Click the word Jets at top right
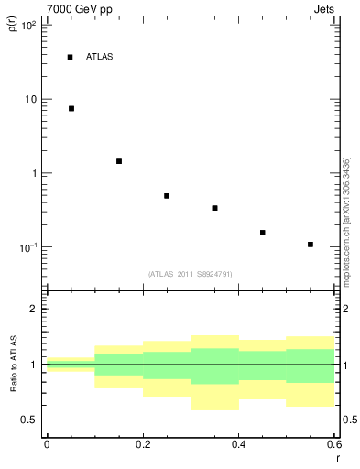point(326,8)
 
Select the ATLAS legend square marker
point(70,57)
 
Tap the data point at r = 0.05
point(71,108)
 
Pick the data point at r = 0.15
point(119,161)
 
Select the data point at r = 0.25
point(167,196)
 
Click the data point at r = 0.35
point(214,208)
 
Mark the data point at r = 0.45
point(263,233)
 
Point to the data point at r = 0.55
point(311,245)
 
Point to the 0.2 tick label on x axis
point(143,444)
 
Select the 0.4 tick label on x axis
point(238,444)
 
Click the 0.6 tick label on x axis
point(333,444)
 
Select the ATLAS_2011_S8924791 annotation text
point(190,274)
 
